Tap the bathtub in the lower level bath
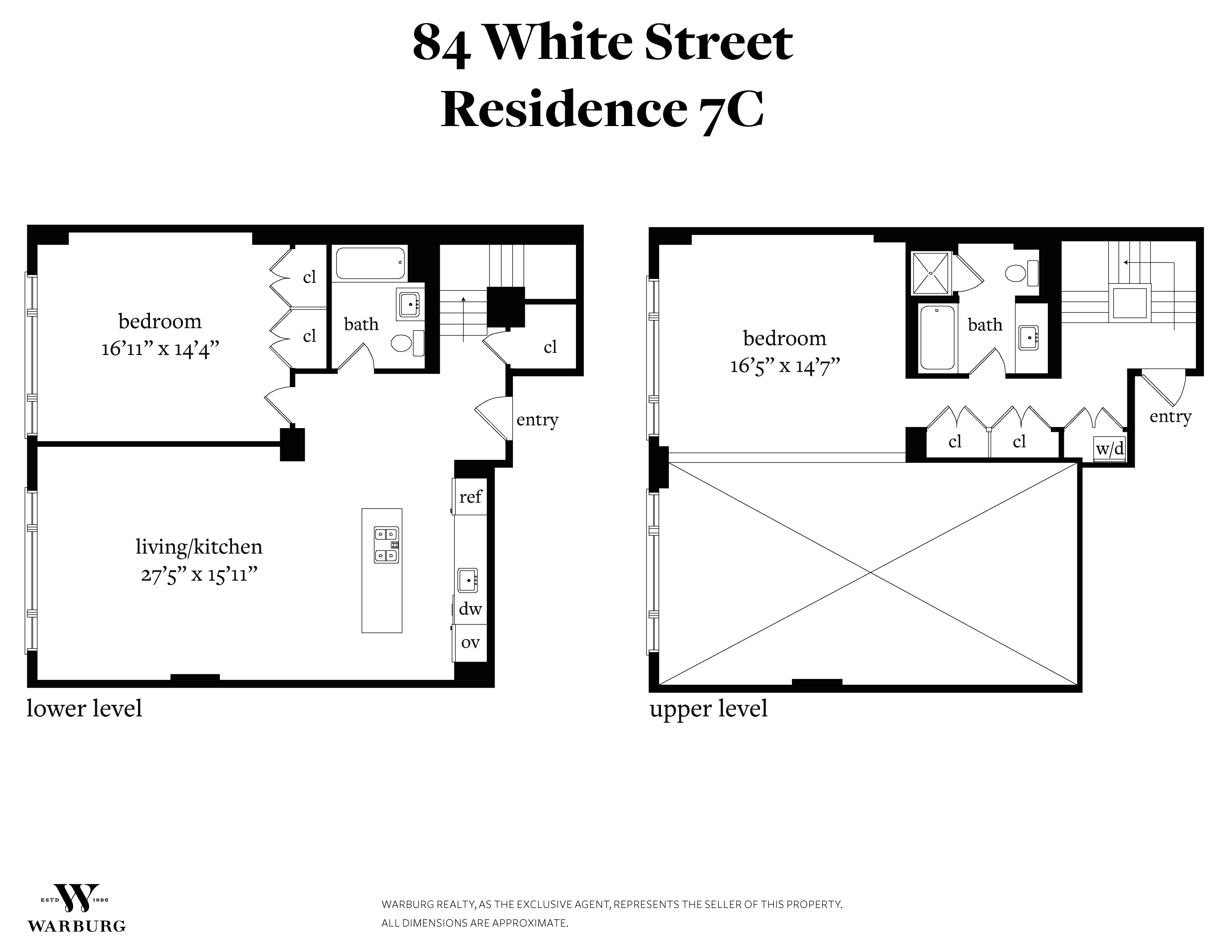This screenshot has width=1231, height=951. (370, 263)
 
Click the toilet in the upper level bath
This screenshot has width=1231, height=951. (1021, 274)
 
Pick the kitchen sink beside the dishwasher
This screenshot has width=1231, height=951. (468, 580)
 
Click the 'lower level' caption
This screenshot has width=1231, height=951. (85, 709)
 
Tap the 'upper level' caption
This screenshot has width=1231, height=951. (708, 709)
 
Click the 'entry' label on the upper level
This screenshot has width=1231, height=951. (1171, 417)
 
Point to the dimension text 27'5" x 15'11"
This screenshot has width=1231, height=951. (199, 575)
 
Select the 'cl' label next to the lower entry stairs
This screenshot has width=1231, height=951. (550, 347)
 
